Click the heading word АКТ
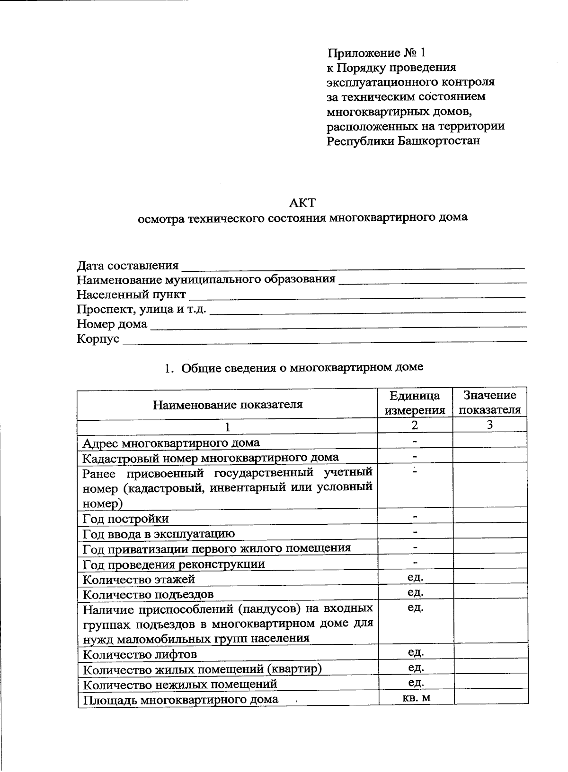[302, 203]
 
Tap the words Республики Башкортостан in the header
[403, 141]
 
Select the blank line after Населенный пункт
[357, 296]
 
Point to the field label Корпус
[98, 339]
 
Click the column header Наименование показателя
[227, 405]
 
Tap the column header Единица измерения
[415, 403]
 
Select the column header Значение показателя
[490, 402]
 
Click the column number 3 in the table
[490, 425]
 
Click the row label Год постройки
[125, 519]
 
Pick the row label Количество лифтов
[140, 654]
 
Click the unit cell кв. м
[415, 697]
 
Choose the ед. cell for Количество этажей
[415, 577]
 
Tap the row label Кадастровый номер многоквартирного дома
[211, 458]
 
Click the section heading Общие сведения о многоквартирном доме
[302, 367]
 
